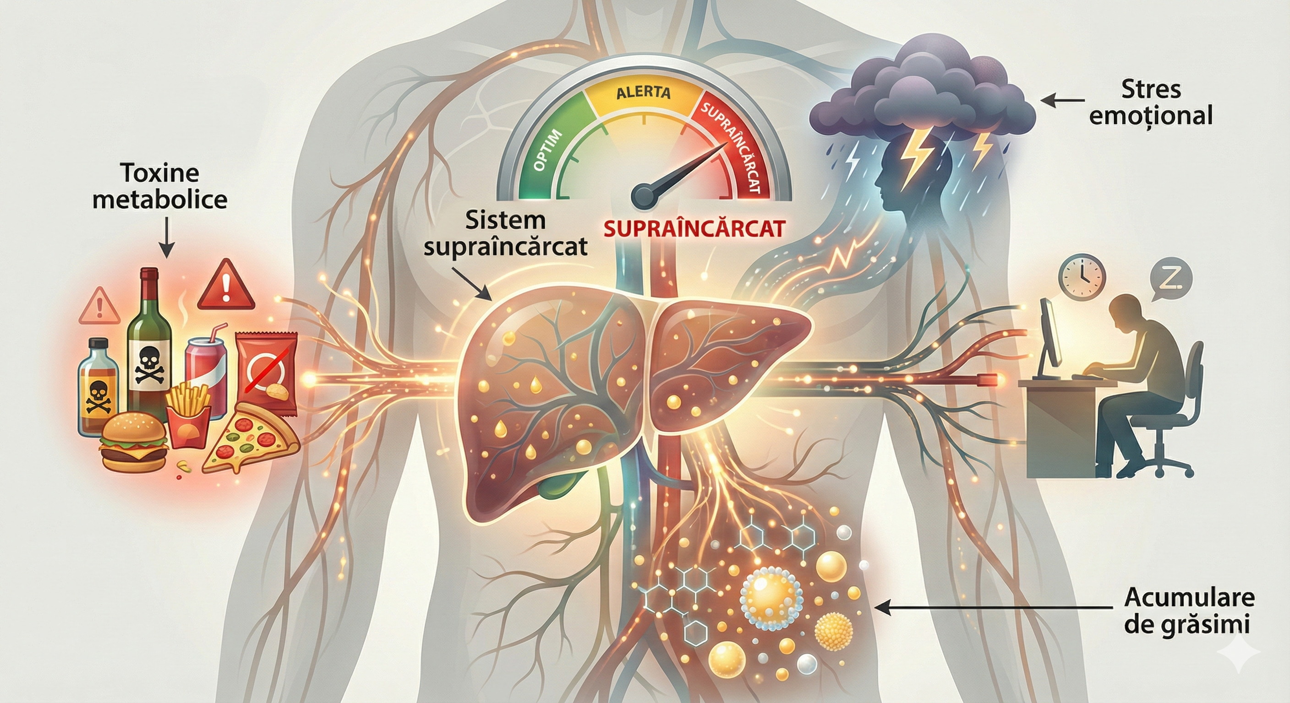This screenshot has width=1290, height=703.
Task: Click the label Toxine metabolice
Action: click(x=160, y=187)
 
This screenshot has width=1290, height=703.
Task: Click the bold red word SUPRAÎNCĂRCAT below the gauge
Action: click(x=694, y=229)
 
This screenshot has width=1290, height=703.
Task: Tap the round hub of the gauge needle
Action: click(x=645, y=195)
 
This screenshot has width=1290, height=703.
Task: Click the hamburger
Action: click(x=133, y=441)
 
